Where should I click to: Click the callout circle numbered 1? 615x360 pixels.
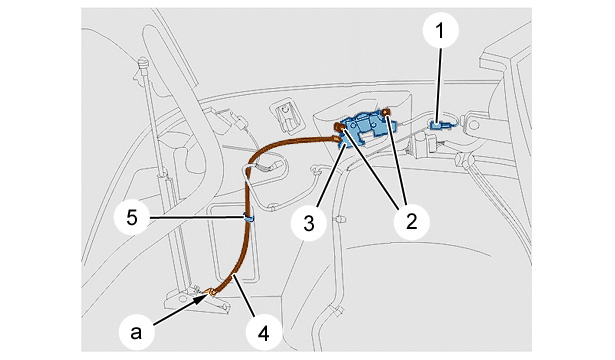point(440,30)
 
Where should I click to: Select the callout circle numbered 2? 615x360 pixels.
point(412,222)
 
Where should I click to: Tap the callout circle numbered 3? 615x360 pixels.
point(309,223)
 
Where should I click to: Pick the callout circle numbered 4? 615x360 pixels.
point(264,334)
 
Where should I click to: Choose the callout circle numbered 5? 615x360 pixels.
point(132,217)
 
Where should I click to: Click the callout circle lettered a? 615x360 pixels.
point(136,333)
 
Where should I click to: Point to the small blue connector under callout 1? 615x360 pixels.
point(440,125)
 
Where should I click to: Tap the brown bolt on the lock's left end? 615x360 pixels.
point(338,126)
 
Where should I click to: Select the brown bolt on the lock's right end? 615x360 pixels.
point(386,113)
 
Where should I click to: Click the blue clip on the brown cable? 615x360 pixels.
point(249,217)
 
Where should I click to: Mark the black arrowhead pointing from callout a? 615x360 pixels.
point(203,299)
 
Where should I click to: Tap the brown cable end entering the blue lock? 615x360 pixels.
point(336,138)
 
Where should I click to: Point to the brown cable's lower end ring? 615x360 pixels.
point(211,292)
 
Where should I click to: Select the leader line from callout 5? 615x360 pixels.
point(197,217)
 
